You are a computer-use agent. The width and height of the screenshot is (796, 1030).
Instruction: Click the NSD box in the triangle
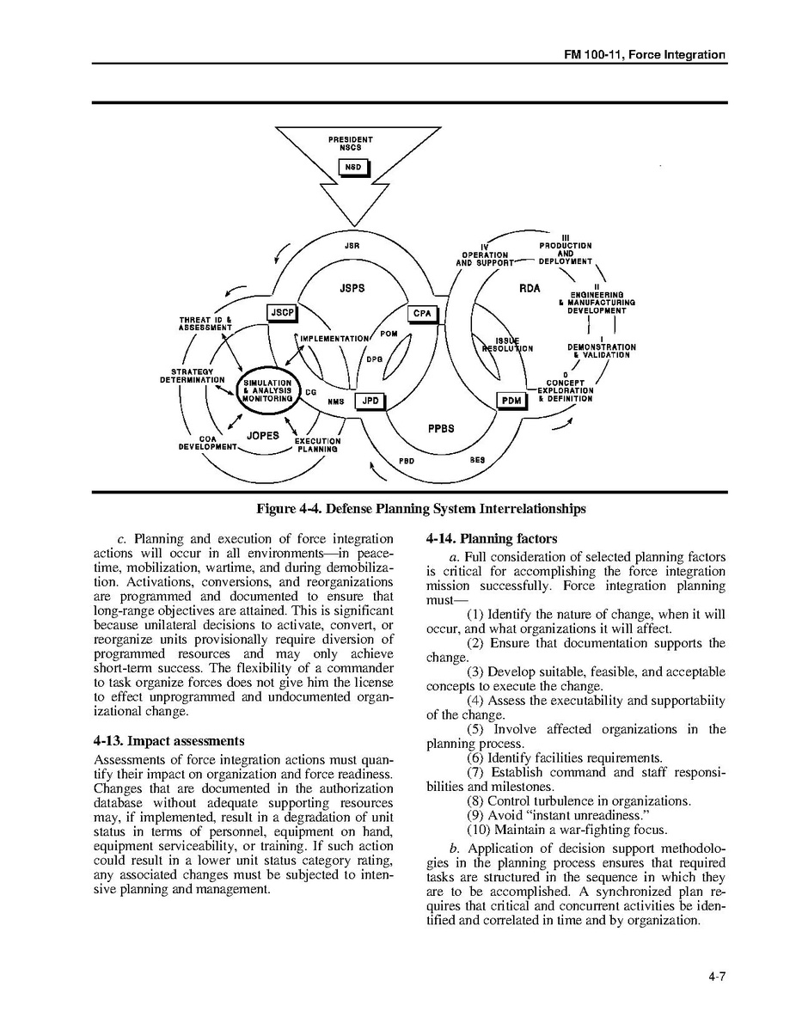[352, 168]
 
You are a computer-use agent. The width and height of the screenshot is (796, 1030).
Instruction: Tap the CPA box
[422, 314]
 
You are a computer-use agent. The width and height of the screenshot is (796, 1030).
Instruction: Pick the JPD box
[370, 401]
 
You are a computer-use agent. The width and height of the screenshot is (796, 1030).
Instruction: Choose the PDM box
[511, 401]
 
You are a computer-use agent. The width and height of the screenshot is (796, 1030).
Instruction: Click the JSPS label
[352, 288]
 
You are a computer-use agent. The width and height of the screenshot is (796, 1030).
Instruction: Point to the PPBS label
[441, 429]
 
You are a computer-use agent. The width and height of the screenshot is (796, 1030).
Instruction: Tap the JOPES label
[263, 436]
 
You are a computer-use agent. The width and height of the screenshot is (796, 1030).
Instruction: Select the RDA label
[530, 288]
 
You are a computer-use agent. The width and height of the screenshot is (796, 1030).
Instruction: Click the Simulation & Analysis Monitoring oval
[268, 391]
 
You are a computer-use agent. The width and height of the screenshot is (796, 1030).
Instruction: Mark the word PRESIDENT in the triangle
[351, 139]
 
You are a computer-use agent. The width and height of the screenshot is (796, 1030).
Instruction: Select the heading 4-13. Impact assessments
[168, 741]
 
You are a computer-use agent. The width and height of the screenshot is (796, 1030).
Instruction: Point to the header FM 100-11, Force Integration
[644, 55]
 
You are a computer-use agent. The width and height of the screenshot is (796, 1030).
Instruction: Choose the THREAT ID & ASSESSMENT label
[205, 324]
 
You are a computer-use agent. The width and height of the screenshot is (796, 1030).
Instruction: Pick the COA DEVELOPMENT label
[207, 443]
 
